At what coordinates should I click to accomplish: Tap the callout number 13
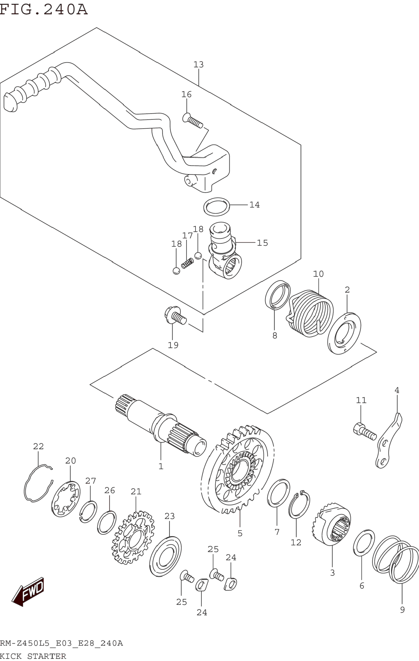199,65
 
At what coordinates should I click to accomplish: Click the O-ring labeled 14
217,207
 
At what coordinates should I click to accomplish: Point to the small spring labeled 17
188,263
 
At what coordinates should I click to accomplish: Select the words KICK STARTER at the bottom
33,656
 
